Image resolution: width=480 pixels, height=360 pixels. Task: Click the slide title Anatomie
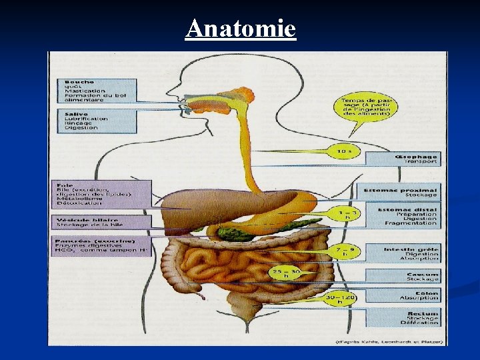241,29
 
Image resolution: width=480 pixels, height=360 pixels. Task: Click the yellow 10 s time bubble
344,151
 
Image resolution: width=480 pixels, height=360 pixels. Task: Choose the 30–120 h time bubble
339,299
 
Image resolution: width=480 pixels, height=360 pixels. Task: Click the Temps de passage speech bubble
358,105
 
